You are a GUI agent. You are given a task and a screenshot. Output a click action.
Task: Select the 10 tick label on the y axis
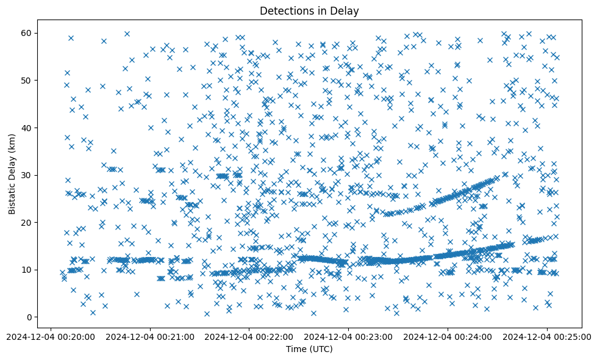coord(27,270)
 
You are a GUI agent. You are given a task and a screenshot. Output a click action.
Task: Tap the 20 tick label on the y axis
coord(27,223)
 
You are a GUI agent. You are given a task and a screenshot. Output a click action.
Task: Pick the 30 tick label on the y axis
coord(27,175)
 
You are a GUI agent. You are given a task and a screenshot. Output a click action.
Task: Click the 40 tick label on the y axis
coord(27,128)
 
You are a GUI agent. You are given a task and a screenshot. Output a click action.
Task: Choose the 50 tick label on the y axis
coord(27,80)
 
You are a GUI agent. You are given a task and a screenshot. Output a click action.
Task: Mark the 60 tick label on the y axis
coord(27,33)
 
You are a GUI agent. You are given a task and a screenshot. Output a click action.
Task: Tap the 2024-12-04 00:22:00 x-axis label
coord(249,336)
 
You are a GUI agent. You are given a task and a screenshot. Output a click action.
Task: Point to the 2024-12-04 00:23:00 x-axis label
coord(348,336)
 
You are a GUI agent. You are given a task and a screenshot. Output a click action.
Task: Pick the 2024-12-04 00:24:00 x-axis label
coord(448,336)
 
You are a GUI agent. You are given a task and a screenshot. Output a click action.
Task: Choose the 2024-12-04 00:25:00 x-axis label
coord(547,336)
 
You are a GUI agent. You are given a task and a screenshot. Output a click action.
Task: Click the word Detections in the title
coord(284,10)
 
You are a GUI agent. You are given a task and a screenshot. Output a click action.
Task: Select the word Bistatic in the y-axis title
coord(12,198)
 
